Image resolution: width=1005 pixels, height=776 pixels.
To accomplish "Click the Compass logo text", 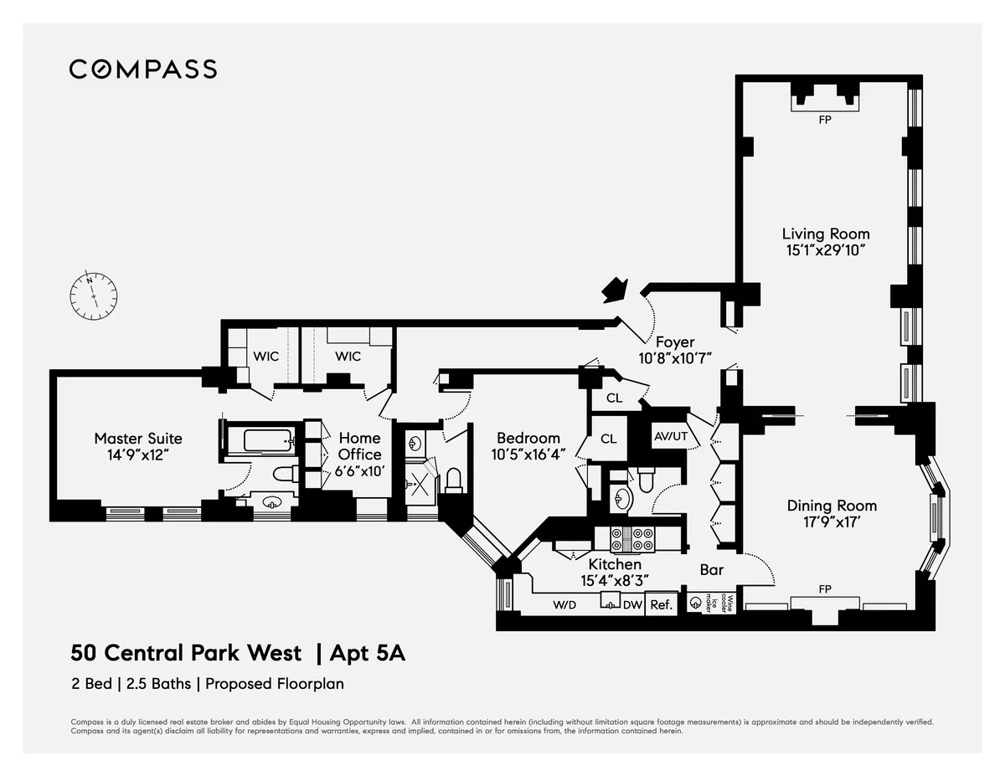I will (142, 69).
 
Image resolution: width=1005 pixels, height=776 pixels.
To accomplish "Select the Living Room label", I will (825, 234).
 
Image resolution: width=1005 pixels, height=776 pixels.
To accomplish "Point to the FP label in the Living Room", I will (825, 120).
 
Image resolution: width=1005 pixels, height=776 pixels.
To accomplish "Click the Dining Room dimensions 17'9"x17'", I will (832, 521).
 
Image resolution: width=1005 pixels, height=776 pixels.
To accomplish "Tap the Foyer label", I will (674, 342).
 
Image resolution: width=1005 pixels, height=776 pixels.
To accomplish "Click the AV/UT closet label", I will (670, 435).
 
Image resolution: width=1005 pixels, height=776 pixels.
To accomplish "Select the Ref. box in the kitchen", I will (661, 604).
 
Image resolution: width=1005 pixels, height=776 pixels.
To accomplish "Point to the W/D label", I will (564, 604).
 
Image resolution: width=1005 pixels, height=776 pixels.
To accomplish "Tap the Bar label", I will (711, 570).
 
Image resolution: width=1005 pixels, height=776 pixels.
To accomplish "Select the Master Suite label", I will (137, 438).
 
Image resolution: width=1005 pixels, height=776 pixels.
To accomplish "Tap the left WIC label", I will (265, 357).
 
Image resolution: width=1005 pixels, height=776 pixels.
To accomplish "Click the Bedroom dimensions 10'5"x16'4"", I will (528, 454).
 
